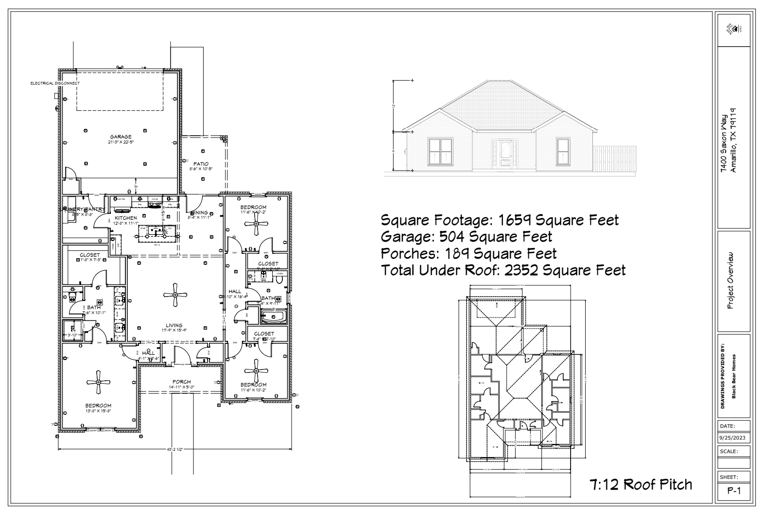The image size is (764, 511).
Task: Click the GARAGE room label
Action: tap(121, 137)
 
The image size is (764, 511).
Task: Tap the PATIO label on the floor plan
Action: tap(201, 164)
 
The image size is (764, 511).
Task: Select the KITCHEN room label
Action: tap(126, 218)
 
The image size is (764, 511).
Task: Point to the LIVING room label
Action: tap(174, 326)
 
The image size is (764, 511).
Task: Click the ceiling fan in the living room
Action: tap(174, 295)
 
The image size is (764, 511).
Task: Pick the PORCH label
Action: tap(181, 382)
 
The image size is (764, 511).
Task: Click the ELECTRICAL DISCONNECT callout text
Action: tap(55, 83)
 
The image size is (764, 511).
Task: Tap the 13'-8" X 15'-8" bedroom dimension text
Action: tap(99, 411)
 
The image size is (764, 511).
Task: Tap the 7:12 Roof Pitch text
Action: tap(641, 484)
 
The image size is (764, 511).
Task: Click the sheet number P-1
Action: tap(733, 491)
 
